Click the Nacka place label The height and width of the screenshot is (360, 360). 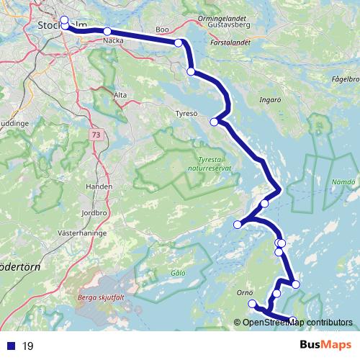113,41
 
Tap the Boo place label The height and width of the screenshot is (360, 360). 162,30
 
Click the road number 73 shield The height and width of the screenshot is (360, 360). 96,135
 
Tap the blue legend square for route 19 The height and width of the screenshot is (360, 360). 11,346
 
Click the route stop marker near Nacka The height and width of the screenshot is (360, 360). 107,32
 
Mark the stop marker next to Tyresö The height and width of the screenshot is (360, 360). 213,122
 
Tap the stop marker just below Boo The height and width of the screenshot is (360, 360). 179,43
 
